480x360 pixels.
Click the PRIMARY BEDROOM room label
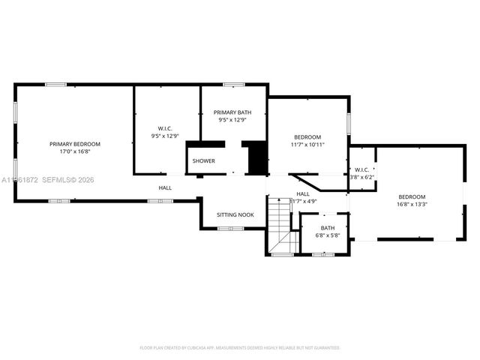point(75,144)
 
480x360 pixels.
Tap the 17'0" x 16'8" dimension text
point(75,151)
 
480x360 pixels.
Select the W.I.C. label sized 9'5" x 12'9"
point(166,129)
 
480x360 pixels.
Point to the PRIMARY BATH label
point(232,112)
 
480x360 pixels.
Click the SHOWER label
point(203,161)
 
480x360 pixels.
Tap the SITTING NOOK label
point(235,214)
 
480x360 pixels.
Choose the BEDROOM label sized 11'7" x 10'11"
point(307,137)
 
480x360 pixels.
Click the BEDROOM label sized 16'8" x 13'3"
point(412,196)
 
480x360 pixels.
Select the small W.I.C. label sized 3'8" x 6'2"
point(362,170)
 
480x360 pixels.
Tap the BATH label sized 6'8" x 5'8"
point(328,228)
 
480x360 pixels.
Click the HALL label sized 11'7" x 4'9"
point(304,194)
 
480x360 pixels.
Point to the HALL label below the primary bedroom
point(165,187)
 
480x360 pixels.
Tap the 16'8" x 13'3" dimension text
point(412,203)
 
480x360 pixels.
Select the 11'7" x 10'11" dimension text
point(307,144)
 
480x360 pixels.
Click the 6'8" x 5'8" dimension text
point(328,235)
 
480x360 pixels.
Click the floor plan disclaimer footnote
point(240,348)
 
